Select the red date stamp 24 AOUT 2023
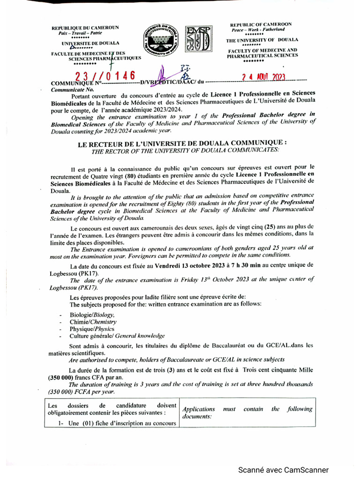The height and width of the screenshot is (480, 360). coord(263,77)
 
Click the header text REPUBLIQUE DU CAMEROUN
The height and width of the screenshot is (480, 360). coord(85,28)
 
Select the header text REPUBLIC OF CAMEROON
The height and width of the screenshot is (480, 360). coord(261,24)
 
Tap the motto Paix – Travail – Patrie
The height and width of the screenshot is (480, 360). coord(83,33)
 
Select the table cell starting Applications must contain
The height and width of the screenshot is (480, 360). coord(247,412)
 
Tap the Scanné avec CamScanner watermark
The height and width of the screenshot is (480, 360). coord(284,470)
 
